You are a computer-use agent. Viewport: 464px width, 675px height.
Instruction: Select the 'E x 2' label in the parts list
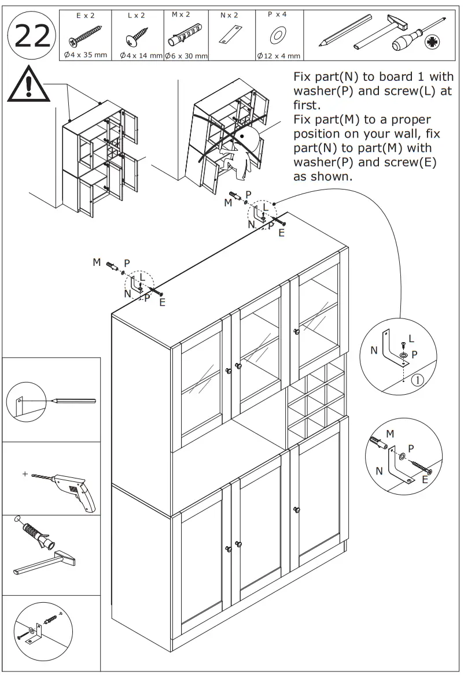pos(85,15)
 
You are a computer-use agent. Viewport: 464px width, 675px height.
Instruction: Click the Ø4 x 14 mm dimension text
pos(141,55)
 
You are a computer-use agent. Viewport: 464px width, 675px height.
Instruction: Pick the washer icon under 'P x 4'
pos(278,36)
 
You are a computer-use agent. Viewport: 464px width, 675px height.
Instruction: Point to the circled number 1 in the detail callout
pos(418,380)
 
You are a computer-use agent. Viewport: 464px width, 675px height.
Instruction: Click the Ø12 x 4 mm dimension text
pos(278,56)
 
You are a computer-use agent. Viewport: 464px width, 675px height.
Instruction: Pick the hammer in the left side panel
pos(44,563)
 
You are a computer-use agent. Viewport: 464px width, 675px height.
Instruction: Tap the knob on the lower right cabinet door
pos(297,510)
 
